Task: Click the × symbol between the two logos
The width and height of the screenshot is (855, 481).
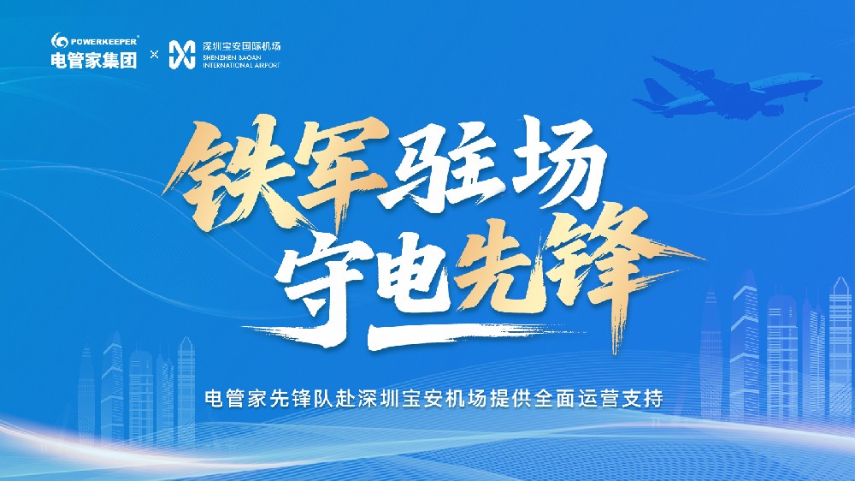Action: (155, 53)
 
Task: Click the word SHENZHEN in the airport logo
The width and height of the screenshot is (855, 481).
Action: (217, 56)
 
